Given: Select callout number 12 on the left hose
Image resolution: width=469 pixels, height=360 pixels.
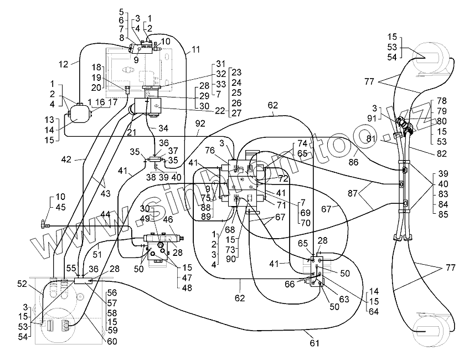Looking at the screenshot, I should coord(64,64).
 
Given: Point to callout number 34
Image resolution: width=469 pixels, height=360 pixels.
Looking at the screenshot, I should coord(163,128).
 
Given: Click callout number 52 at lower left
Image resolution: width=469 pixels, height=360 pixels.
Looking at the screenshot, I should coord(22,284).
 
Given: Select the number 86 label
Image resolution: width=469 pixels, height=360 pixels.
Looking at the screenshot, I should coord(353,162).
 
